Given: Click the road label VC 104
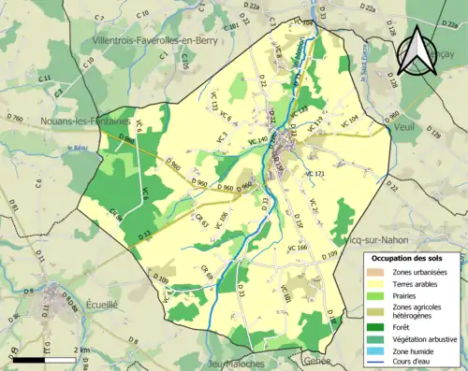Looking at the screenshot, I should coord(347,120).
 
